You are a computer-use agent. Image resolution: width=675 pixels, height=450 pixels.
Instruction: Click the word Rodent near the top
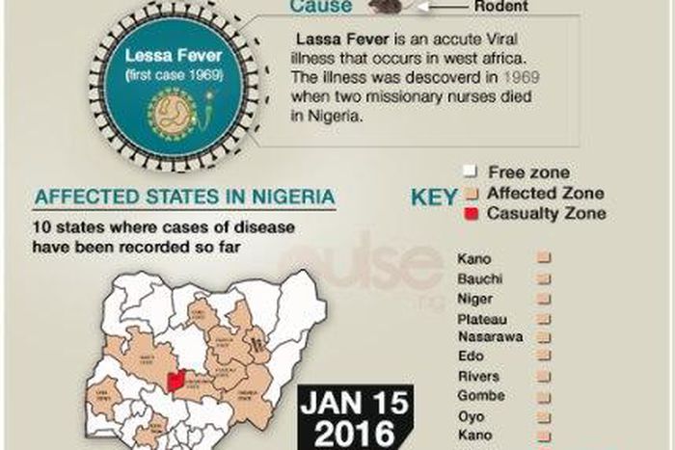[x=499, y=6]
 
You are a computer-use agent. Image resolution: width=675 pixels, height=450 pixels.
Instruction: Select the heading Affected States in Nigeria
[x=185, y=199]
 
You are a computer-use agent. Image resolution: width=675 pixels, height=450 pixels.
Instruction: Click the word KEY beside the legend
[x=435, y=198]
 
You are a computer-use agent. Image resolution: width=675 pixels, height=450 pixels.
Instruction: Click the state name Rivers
[x=477, y=376]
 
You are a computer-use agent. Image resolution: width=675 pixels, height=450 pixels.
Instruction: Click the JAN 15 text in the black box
[x=356, y=404]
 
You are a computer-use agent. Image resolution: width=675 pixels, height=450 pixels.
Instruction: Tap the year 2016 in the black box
[x=356, y=433]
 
